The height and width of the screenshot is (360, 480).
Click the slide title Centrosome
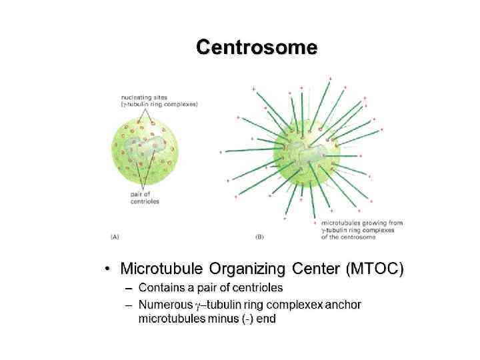pos(257,47)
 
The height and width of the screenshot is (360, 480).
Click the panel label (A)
pos(115,236)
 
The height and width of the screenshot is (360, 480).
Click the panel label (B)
pos(259,236)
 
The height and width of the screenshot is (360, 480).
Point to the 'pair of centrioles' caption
pos(145,197)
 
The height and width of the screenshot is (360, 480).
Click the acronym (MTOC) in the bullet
pos(375,269)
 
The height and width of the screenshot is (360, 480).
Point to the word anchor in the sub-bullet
pos(345,305)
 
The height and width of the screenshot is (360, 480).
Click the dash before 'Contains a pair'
pos(128,288)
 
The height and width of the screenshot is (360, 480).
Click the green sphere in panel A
pos(144,153)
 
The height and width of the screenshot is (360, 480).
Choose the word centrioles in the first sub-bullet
pos(257,288)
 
